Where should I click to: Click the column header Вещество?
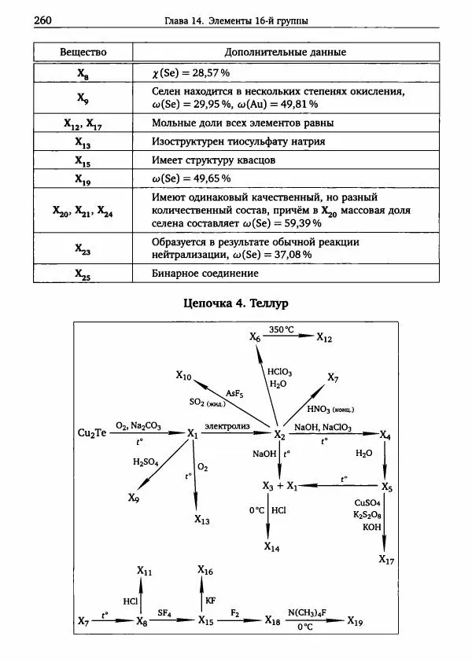pos(83,52)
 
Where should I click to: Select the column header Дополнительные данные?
pos(286,52)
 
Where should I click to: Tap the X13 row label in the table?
pos(83,142)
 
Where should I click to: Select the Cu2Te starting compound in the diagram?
pos(92,433)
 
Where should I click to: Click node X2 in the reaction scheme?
pos(278,434)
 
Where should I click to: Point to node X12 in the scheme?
pos(324,337)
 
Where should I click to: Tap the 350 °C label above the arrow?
pos(281,329)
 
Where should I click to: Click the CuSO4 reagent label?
pos(367,502)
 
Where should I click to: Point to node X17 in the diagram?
pos(385,560)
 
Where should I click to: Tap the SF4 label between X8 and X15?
pos(164,612)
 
